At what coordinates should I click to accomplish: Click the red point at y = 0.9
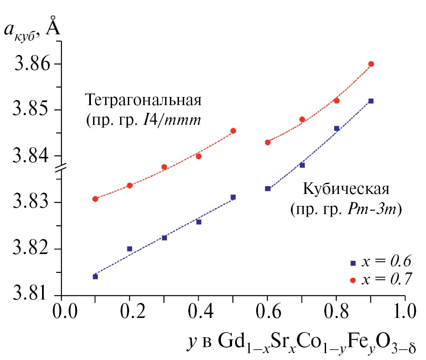371,64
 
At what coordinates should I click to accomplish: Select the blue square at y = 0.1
95,276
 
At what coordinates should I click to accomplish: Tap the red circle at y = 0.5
233,130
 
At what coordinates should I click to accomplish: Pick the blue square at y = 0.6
268,188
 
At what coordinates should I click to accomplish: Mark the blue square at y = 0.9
371,101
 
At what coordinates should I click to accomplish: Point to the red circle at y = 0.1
95,199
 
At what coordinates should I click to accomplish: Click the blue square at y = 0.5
233,197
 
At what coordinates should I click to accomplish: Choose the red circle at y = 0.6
268,142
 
